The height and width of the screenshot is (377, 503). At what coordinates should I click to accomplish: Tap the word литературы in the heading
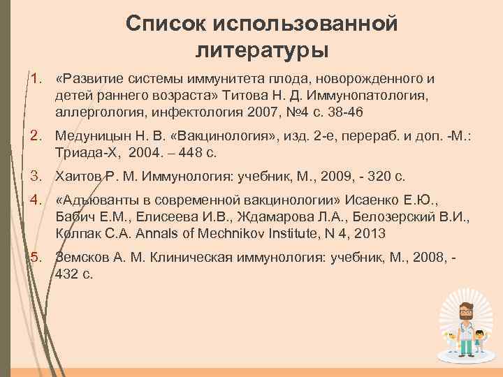pos(262,50)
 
